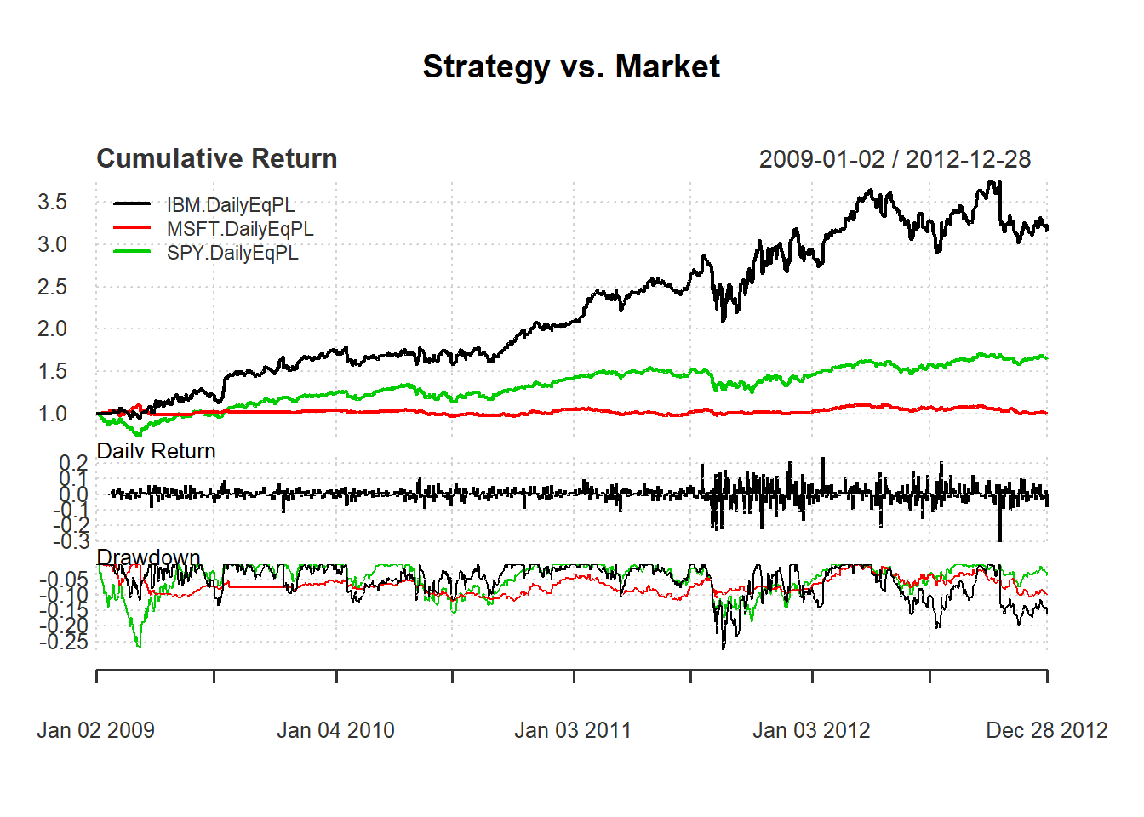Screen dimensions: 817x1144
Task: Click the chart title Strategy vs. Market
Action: [x=571, y=66]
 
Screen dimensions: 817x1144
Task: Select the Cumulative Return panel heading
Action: [x=217, y=158]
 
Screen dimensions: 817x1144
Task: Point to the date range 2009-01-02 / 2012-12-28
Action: [x=895, y=159]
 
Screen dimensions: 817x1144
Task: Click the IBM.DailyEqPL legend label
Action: [x=231, y=205]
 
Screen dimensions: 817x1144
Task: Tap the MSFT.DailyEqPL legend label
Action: [x=240, y=229]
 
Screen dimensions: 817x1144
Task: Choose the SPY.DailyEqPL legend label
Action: [x=232, y=253]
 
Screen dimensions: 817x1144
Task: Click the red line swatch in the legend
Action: [x=132, y=228]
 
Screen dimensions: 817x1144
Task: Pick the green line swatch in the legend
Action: [x=132, y=252]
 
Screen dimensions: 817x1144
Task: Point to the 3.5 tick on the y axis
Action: [x=52, y=202]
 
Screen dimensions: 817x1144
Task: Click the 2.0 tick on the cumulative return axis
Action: [x=52, y=329]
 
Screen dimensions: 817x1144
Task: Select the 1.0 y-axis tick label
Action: [x=52, y=414]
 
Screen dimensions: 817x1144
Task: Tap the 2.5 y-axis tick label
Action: [x=52, y=287]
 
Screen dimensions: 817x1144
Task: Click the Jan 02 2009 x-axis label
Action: [x=96, y=730]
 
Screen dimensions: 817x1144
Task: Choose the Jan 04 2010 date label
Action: [x=335, y=730]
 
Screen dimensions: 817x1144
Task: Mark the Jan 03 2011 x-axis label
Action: [x=573, y=730]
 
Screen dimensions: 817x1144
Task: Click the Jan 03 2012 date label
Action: [x=811, y=730]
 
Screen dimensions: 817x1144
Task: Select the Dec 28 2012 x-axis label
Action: [x=1047, y=730]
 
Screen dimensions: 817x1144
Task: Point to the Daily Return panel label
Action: [x=157, y=450]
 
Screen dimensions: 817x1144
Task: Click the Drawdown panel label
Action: [x=149, y=557]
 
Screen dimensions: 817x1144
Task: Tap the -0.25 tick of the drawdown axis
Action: [x=64, y=642]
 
